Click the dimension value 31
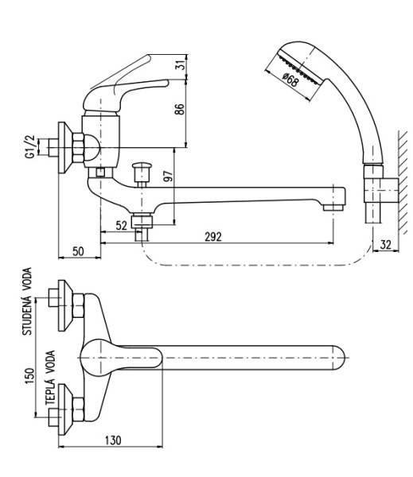click(x=181, y=64)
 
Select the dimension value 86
click(x=179, y=109)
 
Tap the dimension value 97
click(x=168, y=176)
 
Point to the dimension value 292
click(x=213, y=237)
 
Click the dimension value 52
click(x=121, y=226)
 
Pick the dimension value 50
click(x=78, y=251)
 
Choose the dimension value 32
click(x=386, y=245)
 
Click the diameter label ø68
click(x=290, y=79)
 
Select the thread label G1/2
click(x=30, y=147)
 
